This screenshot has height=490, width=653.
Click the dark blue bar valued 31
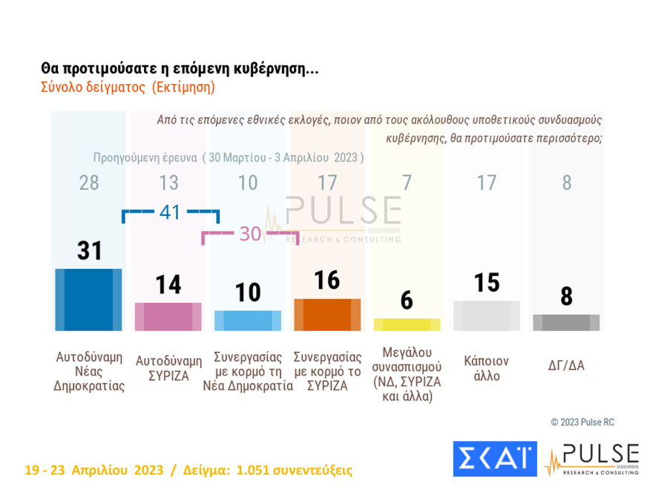click(88, 299)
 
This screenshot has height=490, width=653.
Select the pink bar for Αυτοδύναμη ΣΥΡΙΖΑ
click(168, 316)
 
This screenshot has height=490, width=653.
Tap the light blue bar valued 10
click(248, 320)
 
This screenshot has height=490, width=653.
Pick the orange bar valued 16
click(327, 314)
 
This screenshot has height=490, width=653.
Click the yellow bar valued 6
click(407, 324)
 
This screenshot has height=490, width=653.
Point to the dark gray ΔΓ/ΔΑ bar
click(566, 322)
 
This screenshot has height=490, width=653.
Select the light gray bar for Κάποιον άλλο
click(487, 316)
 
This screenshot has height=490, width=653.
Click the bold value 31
click(89, 252)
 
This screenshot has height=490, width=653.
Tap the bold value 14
click(168, 285)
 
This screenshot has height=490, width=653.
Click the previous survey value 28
click(89, 183)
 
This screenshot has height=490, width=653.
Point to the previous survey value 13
click(168, 183)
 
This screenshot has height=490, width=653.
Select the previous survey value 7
click(407, 183)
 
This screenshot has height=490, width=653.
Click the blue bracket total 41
click(170, 212)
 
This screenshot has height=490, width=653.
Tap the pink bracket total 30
click(250, 235)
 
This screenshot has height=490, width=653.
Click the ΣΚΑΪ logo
click(494, 458)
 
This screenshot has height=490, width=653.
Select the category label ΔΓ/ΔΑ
click(566, 365)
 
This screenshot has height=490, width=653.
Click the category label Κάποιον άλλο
click(487, 368)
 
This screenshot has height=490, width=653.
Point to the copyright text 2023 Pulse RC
click(583, 422)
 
